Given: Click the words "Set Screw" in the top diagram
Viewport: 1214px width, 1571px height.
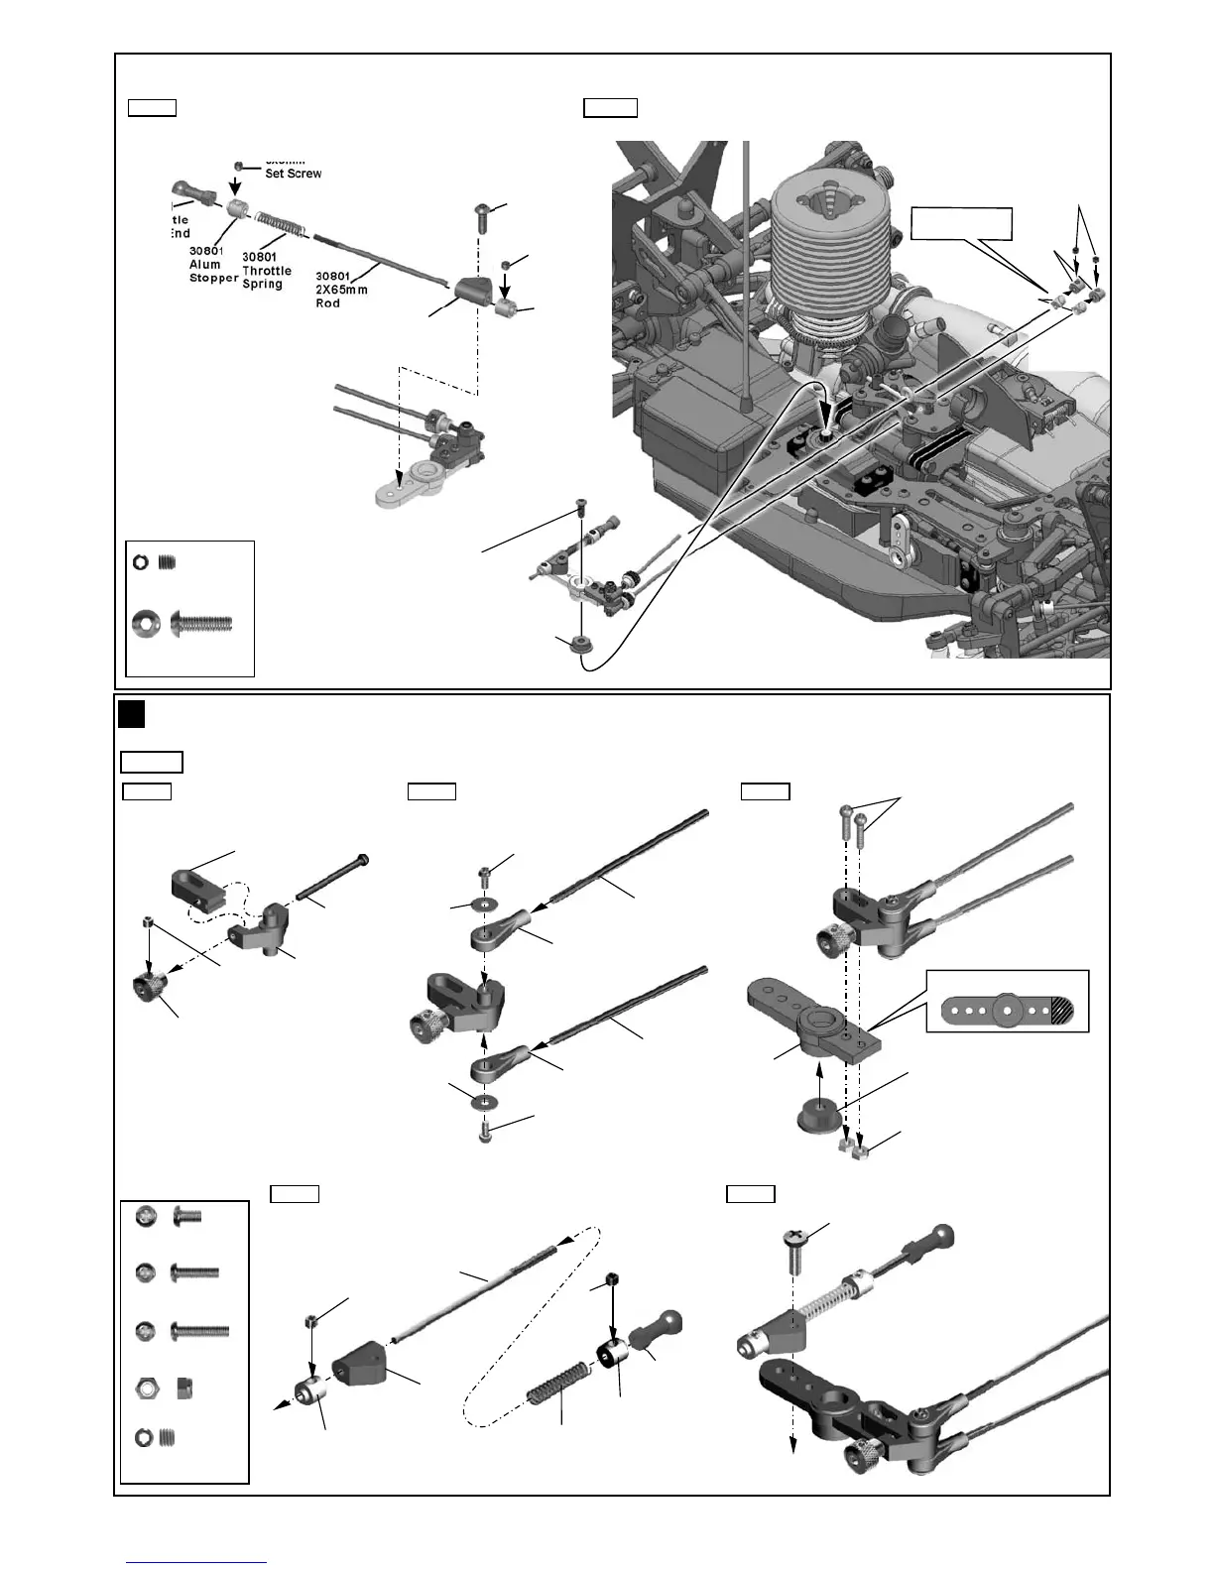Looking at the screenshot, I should [x=293, y=173].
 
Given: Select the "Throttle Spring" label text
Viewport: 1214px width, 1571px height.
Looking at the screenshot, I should [x=267, y=270].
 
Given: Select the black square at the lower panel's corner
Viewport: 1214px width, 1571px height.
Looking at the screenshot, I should [x=131, y=714].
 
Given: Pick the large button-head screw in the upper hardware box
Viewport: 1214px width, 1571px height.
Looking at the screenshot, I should [x=201, y=624].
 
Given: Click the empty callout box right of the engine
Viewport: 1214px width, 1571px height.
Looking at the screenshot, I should [x=961, y=224].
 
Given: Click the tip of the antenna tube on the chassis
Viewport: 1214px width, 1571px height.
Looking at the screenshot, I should [x=745, y=404].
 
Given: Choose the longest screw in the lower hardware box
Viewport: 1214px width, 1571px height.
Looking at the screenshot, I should [x=200, y=1331].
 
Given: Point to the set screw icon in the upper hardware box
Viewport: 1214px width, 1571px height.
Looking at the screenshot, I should [x=169, y=562].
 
